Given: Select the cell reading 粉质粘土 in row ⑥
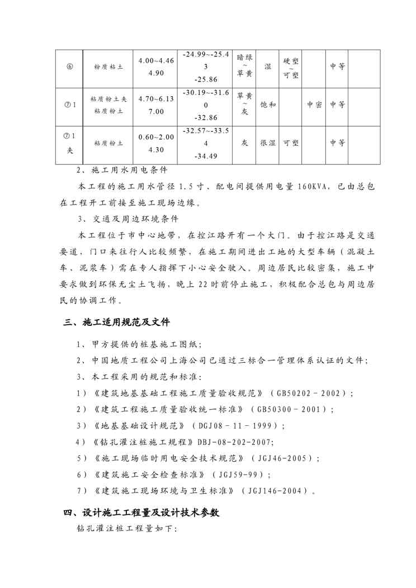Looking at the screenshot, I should (109, 67).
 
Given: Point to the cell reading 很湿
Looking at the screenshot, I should (268, 143).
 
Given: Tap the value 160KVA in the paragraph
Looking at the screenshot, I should (315, 186).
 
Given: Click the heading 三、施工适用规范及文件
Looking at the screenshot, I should (117, 323).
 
